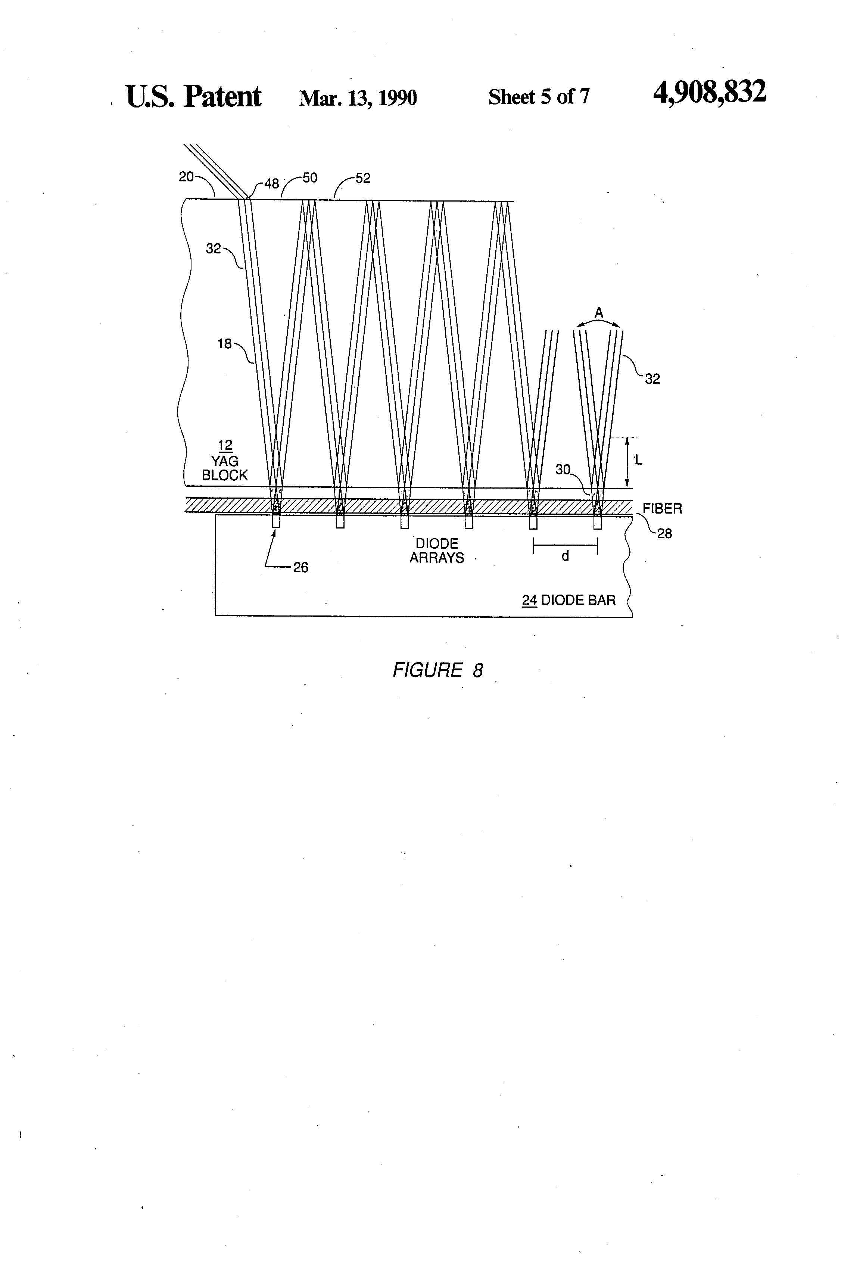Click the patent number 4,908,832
(710, 92)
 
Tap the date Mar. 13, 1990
(358, 98)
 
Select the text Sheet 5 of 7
(539, 97)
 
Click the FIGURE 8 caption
(437, 670)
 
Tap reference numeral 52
(362, 178)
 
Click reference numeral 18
(224, 344)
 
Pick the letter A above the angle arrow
(599, 312)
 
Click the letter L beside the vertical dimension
(638, 460)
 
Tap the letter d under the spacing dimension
(566, 556)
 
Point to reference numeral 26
(300, 568)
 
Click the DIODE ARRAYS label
(437, 551)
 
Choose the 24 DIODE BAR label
(569, 601)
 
